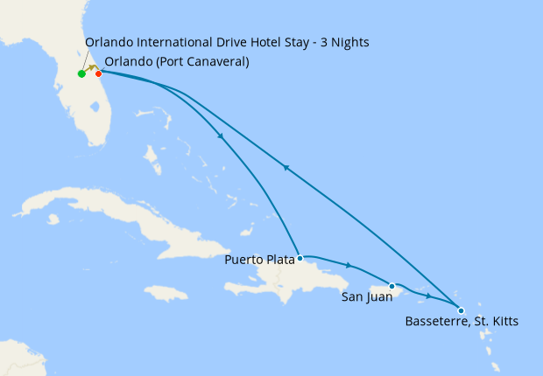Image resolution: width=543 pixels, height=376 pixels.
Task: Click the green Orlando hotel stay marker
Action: [81, 74]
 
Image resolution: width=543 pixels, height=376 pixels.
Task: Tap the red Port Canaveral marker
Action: [98, 73]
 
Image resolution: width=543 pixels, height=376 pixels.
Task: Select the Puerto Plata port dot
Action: [300, 259]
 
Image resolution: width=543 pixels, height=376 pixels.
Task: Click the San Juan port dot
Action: [392, 286]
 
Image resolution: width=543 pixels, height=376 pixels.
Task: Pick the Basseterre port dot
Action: [462, 310]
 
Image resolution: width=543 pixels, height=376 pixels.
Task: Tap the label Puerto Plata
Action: [259, 260]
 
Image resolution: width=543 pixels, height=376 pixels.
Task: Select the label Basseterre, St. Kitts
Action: [462, 322]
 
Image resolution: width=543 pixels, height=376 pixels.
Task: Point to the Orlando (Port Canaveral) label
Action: [176, 62]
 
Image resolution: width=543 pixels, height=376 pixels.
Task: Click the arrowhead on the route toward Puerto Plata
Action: [221, 136]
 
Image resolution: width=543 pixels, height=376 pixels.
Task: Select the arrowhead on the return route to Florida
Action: [286, 167]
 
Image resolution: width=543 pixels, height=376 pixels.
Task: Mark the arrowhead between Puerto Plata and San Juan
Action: [349, 265]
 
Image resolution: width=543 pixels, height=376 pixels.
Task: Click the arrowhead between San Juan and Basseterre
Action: [428, 296]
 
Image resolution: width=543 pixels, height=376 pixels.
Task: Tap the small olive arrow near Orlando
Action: [91, 68]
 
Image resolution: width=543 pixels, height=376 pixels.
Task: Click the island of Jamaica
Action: [166, 293]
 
